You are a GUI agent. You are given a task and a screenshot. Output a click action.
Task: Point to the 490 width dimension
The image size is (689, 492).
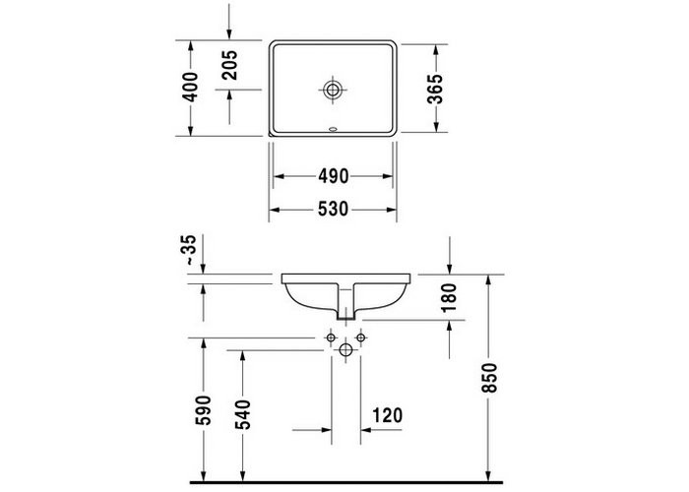tap(333, 176)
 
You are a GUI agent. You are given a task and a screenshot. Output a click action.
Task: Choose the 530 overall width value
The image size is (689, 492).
tap(333, 210)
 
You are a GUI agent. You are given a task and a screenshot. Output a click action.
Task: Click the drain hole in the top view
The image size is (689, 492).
tap(334, 91)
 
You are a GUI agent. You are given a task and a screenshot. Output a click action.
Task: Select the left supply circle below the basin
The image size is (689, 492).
tap(329, 338)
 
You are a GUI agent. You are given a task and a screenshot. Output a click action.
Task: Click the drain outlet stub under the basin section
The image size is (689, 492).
tap(344, 310)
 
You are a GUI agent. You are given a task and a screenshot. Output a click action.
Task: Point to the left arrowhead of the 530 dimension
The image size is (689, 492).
tap(275, 210)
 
